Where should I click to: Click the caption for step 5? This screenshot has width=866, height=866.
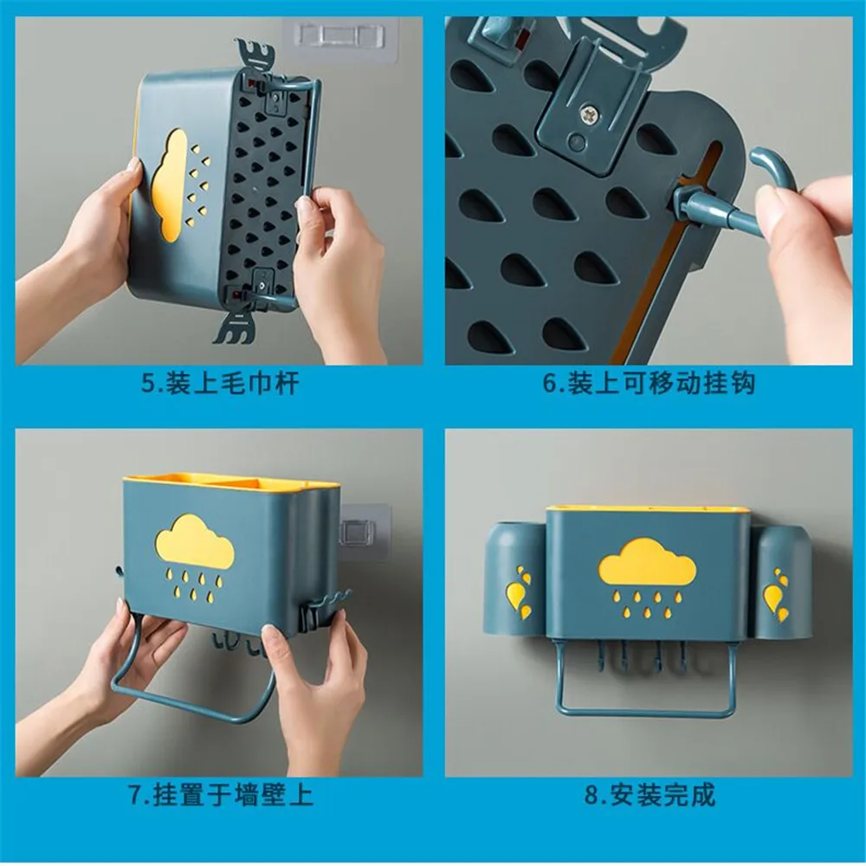tap(220, 383)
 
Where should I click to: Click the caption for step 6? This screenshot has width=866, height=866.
tap(649, 383)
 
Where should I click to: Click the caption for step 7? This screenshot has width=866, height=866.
tap(220, 794)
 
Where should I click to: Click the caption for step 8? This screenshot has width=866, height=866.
tap(649, 794)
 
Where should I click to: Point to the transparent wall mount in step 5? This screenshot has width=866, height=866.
tap(333, 39)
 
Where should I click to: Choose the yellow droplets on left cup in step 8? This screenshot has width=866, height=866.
tap(520, 593)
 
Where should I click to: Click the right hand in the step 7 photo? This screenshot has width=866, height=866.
tap(312, 684)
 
